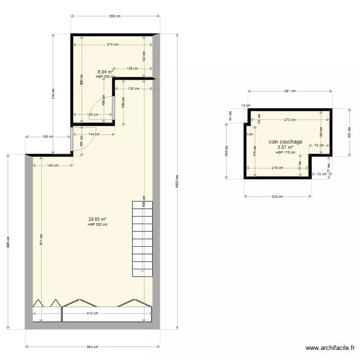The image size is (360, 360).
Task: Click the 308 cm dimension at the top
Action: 115,16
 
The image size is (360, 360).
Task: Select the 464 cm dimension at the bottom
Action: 93,347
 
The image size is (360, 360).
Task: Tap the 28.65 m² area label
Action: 97,219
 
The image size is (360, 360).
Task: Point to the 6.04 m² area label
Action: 105,72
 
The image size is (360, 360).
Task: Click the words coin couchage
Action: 286,142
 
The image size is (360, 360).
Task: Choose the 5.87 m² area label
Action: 286,147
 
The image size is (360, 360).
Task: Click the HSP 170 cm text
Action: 286,153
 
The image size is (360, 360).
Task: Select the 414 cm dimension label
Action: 93,313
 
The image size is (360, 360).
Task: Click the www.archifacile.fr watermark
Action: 331,348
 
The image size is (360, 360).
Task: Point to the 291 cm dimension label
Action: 290,91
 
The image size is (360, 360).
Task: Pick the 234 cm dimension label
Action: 278,196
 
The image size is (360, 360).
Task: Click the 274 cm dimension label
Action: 113,45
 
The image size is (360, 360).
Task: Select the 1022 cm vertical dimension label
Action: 177,183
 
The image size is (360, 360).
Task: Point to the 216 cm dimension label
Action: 277,168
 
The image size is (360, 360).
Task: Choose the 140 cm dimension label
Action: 53,166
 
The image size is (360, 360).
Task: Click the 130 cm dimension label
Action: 134,88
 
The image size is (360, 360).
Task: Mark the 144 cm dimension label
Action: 93,134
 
